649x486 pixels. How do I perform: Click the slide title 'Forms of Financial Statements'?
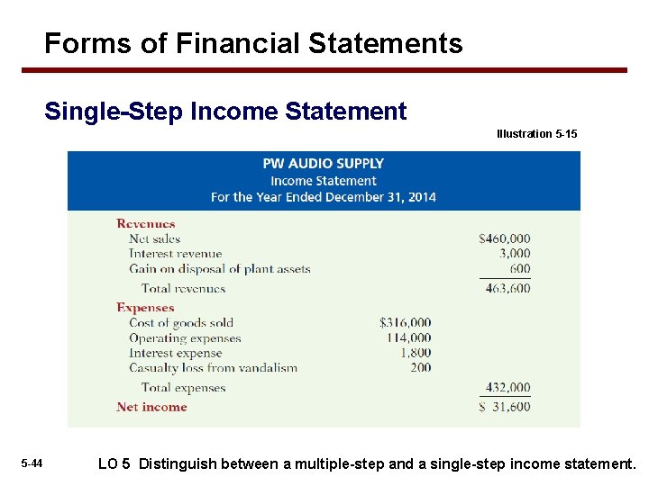(x=253, y=43)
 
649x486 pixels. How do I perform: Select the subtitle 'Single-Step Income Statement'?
(x=225, y=112)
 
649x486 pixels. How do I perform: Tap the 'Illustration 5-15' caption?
(x=536, y=134)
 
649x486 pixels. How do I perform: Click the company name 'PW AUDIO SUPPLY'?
(x=323, y=164)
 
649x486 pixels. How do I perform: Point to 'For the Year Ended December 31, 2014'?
(x=323, y=197)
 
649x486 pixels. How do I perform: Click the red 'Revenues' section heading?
(x=145, y=224)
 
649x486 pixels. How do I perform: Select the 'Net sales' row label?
(x=154, y=238)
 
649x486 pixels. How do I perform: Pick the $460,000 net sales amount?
(x=505, y=238)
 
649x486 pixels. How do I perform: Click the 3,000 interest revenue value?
(x=514, y=254)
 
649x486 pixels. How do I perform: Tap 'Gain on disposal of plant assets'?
(x=219, y=268)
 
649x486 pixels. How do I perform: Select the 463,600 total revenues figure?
(x=507, y=289)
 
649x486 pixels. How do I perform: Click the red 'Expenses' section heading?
(x=145, y=308)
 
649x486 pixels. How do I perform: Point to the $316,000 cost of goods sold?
(x=405, y=322)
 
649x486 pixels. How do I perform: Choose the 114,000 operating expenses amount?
(x=408, y=338)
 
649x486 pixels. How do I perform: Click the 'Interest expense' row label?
(x=175, y=353)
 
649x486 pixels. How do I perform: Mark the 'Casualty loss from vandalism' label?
(x=213, y=367)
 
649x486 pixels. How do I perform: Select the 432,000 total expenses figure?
(x=507, y=388)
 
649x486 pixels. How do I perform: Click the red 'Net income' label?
(x=151, y=407)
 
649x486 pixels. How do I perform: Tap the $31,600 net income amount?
(x=505, y=407)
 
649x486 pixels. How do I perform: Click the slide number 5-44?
(x=32, y=463)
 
